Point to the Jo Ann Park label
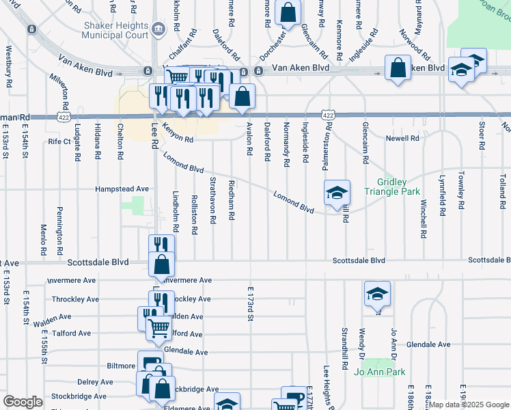point(379,372)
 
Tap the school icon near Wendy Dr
point(377,294)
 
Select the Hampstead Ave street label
point(122,189)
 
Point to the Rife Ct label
point(59,141)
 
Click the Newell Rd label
point(402,138)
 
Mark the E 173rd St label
point(251,303)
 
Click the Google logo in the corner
point(23,402)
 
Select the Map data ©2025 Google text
point(468,405)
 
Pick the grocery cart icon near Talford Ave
point(158,329)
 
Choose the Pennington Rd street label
point(60,226)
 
